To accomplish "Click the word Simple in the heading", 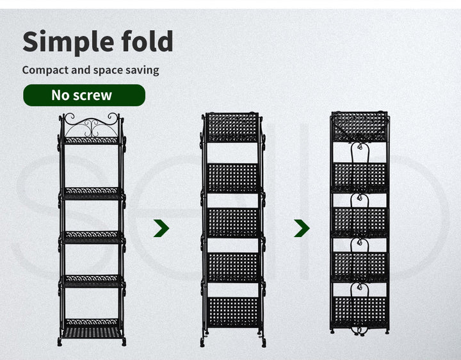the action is [x=68, y=42].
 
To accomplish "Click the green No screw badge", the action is [x=84, y=95].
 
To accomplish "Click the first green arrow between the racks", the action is [x=161, y=228].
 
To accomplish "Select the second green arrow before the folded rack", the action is [x=302, y=228].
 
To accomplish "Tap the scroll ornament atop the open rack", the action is [x=92, y=125].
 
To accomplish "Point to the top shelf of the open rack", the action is [x=92, y=140].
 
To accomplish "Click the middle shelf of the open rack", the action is [x=92, y=237].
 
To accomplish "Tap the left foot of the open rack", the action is [x=60, y=342].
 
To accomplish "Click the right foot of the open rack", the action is [x=124, y=342].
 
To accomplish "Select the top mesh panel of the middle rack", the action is [x=232, y=127].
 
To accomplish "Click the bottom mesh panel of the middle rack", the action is [x=233, y=312].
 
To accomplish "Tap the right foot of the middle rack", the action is [x=264, y=343].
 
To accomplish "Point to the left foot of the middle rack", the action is [x=202, y=342].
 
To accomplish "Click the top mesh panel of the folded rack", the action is [x=359, y=126].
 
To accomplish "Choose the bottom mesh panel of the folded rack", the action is [x=360, y=313].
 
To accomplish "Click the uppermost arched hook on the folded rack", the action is [x=360, y=153].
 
